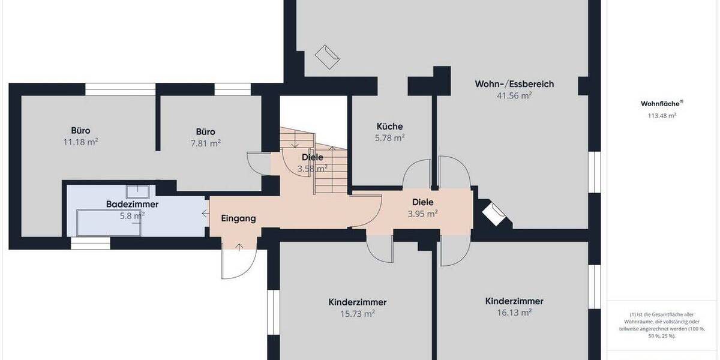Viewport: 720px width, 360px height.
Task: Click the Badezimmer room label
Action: pos(132,205)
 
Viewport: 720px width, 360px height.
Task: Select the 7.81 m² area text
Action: pos(205,143)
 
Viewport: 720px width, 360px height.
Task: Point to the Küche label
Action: pos(389,127)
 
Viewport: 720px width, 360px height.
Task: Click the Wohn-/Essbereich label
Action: pos(514,84)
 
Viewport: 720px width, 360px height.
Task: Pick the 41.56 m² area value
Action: pos(514,95)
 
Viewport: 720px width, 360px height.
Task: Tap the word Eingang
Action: pos(238,218)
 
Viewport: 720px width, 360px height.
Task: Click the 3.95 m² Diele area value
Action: pos(422,214)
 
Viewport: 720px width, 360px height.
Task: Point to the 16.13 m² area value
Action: pos(514,313)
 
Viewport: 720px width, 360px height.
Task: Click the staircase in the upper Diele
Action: pos(330,171)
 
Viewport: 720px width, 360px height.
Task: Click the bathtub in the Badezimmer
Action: pos(108,223)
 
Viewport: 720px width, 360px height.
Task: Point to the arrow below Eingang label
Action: pos(239,246)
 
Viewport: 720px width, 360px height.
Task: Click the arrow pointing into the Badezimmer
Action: pos(205,213)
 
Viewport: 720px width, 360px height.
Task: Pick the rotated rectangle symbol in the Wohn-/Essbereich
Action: pos(329,56)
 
